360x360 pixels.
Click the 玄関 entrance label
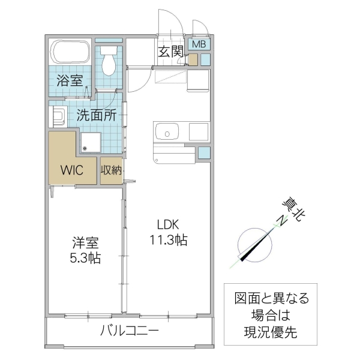171,52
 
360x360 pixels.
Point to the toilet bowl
109,63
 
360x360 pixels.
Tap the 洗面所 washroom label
96,116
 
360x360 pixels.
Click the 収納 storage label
111,170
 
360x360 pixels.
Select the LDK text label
169,226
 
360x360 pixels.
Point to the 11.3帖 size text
169,241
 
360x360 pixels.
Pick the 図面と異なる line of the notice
272,298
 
